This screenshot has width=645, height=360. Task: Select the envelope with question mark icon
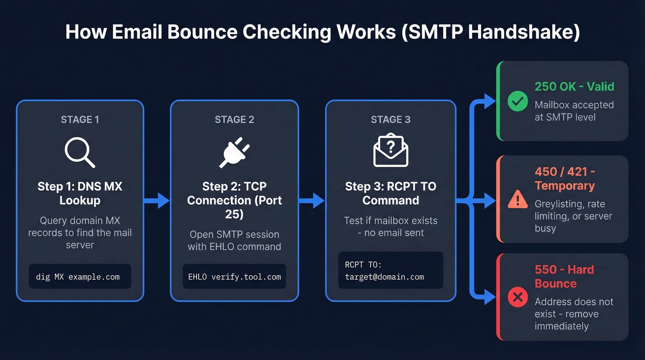tap(390, 151)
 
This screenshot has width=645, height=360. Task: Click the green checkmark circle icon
tap(517, 101)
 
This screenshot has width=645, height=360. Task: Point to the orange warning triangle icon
tap(517, 199)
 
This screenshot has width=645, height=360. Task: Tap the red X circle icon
tap(517, 297)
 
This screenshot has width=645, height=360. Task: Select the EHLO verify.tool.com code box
tap(234, 277)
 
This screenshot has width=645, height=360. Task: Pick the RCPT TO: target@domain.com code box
tap(390, 271)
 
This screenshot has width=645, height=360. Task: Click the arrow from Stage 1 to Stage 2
tap(157, 201)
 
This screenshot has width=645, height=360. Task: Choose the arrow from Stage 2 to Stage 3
tap(312, 201)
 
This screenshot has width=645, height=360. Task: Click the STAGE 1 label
tap(80, 120)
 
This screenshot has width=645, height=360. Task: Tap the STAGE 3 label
tap(390, 120)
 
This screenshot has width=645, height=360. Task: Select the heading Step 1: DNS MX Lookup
tap(80, 194)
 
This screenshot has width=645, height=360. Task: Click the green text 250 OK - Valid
tap(574, 87)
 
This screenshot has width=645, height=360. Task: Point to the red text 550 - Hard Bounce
tap(564, 277)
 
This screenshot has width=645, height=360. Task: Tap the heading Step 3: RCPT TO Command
tap(390, 194)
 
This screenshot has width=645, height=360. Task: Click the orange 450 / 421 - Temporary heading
tap(565, 179)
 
